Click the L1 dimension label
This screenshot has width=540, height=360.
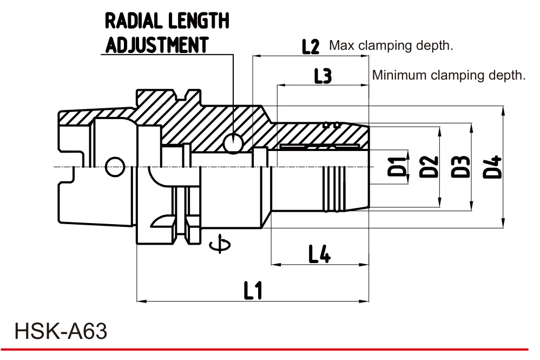(253, 290)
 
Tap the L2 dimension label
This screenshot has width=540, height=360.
(311, 46)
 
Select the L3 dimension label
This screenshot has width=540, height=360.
(322, 76)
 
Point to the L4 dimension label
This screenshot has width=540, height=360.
(319, 254)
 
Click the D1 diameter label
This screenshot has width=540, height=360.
(397, 166)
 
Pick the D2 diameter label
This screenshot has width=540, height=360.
(429, 166)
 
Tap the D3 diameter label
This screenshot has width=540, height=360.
(460, 166)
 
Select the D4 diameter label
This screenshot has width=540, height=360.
(492, 167)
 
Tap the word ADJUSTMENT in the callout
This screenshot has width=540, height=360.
(157, 45)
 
